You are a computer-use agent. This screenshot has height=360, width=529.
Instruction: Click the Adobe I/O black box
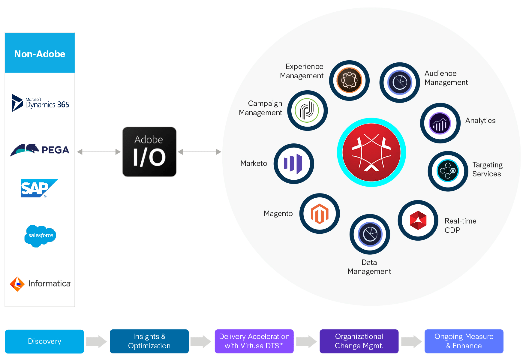click(x=149, y=152)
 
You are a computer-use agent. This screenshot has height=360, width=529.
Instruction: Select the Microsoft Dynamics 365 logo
click(x=41, y=103)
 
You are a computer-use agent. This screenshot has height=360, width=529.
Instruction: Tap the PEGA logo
click(x=40, y=149)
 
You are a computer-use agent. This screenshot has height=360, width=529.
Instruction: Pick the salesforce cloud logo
click(x=40, y=236)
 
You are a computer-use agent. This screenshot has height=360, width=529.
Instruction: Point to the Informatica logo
click(x=40, y=284)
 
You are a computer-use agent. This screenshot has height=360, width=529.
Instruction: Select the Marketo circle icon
click(x=293, y=164)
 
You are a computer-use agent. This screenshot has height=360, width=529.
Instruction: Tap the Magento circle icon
click(x=319, y=214)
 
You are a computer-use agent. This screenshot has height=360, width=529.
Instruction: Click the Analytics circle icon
click(x=440, y=123)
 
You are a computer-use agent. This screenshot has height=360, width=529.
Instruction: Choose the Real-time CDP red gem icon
click(x=418, y=220)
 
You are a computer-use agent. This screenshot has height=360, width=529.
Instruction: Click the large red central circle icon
click(x=371, y=152)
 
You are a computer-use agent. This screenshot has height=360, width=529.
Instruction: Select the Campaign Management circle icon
click(x=307, y=110)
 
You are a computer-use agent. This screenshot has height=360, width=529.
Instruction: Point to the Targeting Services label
click(x=487, y=169)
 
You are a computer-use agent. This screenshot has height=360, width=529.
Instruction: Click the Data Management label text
click(x=369, y=267)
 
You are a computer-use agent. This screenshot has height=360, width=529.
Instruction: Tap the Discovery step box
click(x=44, y=341)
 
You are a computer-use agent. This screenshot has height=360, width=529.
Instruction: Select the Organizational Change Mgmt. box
click(x=359, y=341)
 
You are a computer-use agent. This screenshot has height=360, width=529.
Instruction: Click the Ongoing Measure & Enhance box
click(x=464, y=341)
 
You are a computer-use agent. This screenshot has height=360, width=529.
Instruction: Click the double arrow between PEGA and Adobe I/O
click(x=99, y=152)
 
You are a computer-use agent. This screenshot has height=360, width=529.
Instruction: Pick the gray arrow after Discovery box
click(x=96, y=341)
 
